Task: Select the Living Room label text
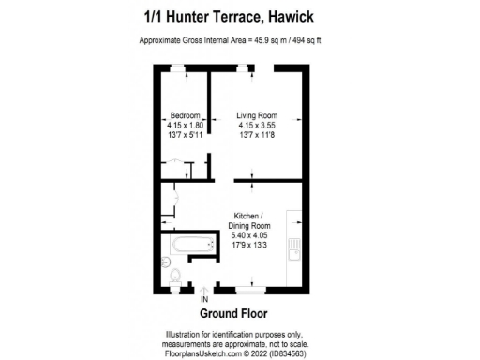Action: (x=254, y=115)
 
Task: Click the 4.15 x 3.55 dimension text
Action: (x=254, y=125)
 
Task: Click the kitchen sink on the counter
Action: (x=293, y=251)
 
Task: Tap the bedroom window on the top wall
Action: (x=178, y=67)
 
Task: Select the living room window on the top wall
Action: (x=245, y=67)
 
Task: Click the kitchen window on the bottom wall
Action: (x=249, y=288)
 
